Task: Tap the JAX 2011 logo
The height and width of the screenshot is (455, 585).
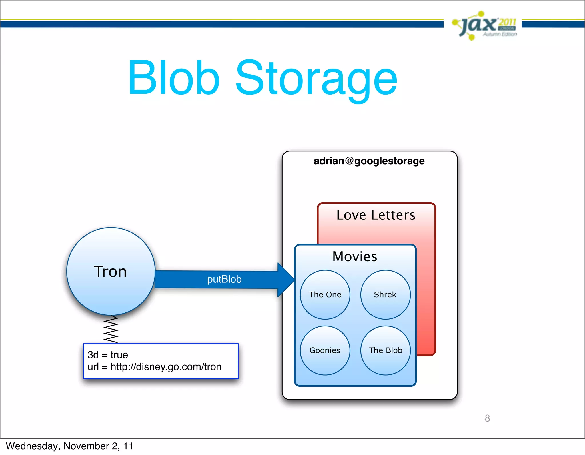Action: coord(484,25)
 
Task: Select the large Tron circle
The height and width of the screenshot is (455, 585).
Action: coord(111,271)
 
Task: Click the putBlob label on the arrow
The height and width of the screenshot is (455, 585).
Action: coord(224,279)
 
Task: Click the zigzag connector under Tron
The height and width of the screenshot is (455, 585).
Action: coord(111,329)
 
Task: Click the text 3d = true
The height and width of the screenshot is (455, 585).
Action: coord(107,355)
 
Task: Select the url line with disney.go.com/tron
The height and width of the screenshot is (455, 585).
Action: coord(154,367)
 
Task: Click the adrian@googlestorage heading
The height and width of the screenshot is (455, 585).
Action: coord(369,161)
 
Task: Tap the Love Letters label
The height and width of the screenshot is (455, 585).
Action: coord(376,215)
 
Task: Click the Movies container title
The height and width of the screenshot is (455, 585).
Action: coord(355,256)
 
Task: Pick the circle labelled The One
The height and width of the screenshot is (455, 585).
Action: coord(325,294)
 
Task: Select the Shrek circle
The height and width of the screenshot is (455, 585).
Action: coord(385,294)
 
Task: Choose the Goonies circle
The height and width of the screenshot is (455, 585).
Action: coord(325,350)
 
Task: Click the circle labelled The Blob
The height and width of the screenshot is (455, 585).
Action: coord(385,350)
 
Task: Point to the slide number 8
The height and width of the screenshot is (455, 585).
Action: coord(487,418)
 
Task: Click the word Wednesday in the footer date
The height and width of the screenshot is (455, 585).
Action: coord(31,446)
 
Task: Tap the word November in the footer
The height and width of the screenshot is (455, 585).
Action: coord(86,446)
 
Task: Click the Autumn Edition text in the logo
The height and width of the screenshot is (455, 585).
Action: coord(500,34)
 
